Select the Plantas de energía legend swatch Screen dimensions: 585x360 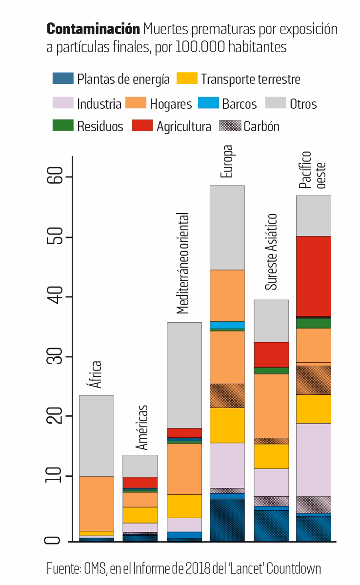click(x=63, y=78)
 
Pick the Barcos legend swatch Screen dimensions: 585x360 click(x=208, y=103)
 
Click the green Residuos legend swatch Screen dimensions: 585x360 click(x=63, y=126)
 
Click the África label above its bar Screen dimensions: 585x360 click(x=96, y=374)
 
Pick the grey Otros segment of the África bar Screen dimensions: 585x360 click(x=96, y=435)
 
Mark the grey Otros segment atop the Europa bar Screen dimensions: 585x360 click(x=227, y=227)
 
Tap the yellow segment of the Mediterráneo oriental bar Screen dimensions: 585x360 click(x=184, y=506)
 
